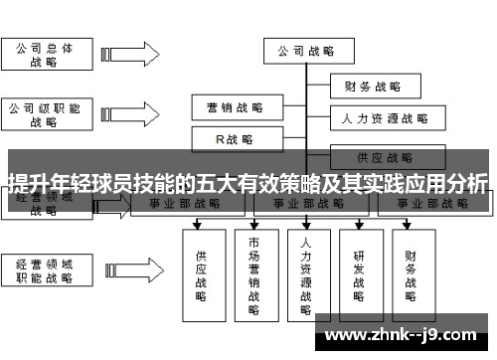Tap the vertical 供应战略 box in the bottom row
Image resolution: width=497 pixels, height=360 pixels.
point(202,269)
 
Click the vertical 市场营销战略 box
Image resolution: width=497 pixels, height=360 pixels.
point(254,273)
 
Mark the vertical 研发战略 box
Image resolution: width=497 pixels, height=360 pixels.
point(359,269)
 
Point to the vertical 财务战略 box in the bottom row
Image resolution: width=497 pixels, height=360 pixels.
point(411,269)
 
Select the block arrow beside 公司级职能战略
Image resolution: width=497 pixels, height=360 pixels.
point(125,114)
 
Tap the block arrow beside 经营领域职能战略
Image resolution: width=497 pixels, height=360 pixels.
point(125,271)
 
